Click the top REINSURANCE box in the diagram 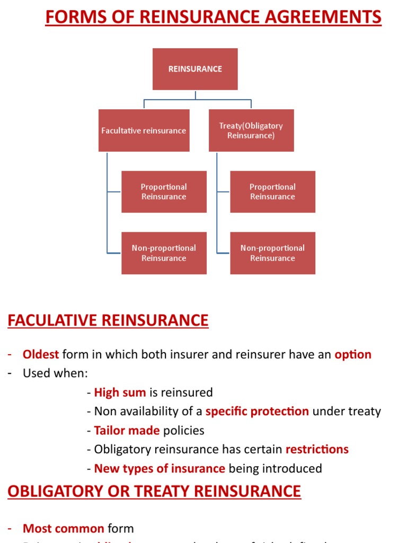point(195,69)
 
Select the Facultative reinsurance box point(144,130)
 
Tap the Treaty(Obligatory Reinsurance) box point(251,130)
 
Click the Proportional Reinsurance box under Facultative point(164,191)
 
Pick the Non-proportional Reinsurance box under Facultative point(164,253)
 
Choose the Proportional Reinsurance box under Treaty point(272,191)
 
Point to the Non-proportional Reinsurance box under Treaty point(272,253)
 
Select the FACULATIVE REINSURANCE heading point(108,320)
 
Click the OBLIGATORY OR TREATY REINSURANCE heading point(154,491)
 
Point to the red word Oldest point(41,354)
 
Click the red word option point(353,354)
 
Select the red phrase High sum point(120,392)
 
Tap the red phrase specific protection point(257,411)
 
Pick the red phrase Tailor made point(127,430)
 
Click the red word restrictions point(317,449)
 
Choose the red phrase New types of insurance point(160,468)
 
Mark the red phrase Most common point(63,528)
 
